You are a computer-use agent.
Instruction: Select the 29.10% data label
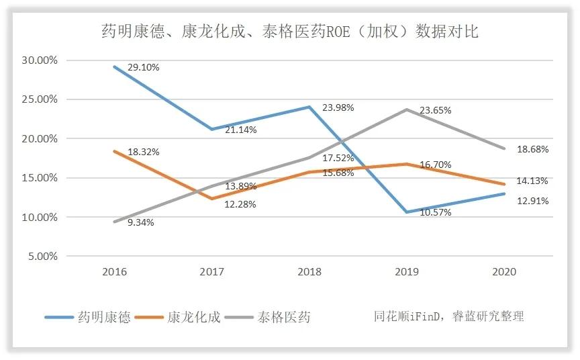pos(143,68)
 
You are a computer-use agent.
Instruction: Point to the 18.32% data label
pos(143,152)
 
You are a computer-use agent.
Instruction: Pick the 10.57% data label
pos(435,212)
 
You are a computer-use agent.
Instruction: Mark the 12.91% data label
pos(532,201)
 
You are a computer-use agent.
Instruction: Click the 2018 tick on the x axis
pos(309,272)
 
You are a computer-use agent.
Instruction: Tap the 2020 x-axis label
pos(503,272)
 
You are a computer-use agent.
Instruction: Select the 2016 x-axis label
pos(115,272)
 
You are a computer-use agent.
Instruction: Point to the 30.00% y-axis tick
pos(40,60)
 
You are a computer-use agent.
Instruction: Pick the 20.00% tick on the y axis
pos(40,138)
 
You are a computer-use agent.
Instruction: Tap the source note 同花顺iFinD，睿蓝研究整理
pos(449,316)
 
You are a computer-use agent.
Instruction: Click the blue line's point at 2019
pos(407,212)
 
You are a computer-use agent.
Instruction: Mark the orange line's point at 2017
pos(212,199)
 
